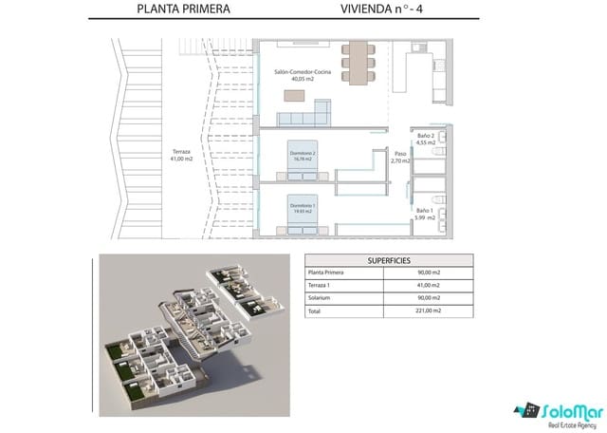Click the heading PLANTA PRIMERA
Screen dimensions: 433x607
click(x=183, y=12)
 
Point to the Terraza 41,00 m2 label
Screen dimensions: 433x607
click(x=180, y=156)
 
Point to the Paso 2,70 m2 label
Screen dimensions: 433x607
click(x=400, y=156)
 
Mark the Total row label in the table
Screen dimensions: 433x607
click(x=315, y=310)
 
